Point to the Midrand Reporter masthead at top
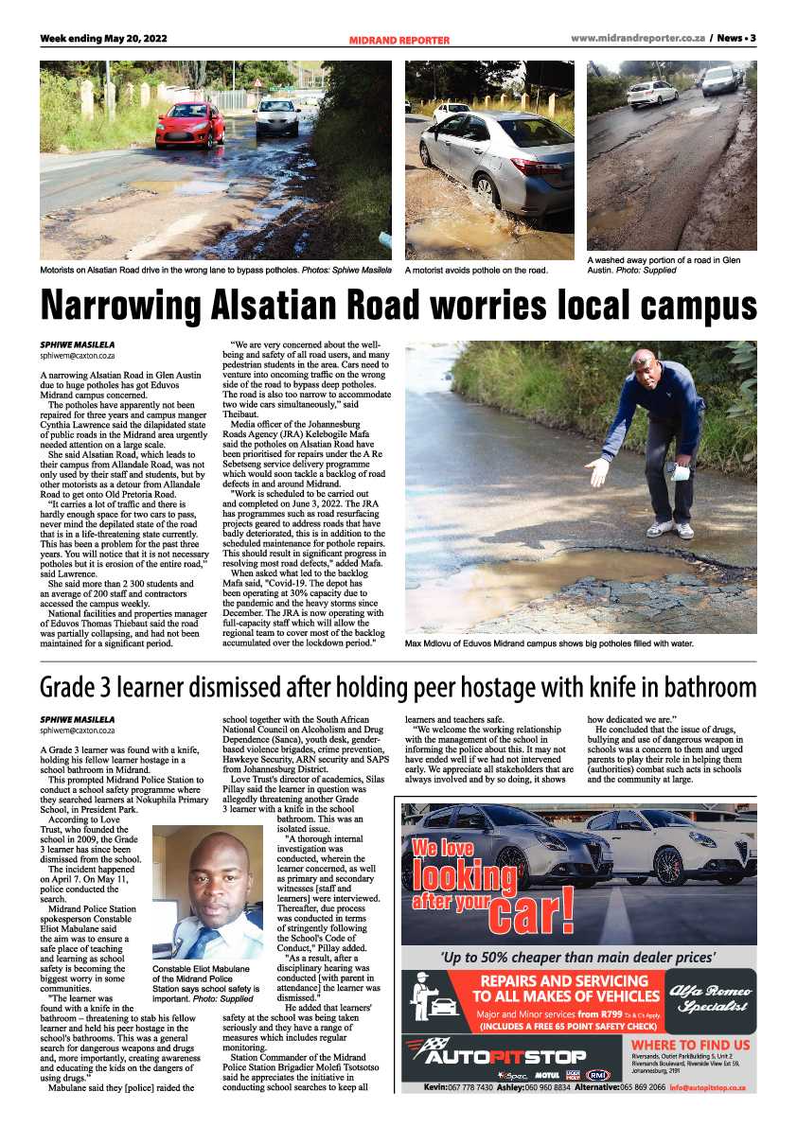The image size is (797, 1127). pos(398,40)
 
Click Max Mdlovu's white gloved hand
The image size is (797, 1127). pos(596,470)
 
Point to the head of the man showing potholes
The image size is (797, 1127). pos(645,362)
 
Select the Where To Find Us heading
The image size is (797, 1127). pos(691,1045)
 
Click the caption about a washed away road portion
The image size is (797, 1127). pos(664,265)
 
